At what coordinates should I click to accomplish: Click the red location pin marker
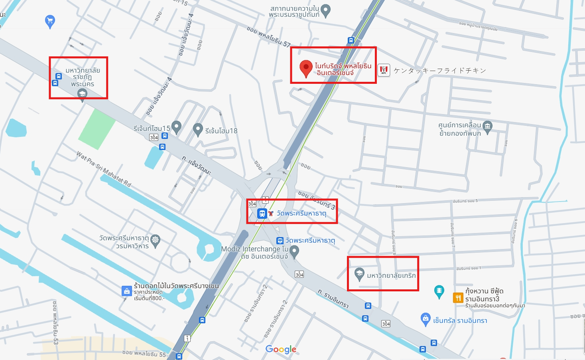tap(306, 68)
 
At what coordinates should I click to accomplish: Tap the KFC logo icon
tap(384, 70)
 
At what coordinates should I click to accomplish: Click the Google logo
tap(281, 349)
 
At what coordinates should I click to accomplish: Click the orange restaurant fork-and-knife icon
tap(458, 298)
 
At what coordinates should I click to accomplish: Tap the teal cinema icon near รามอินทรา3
tap(439, 291)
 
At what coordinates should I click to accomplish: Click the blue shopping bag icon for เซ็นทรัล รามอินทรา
tap(425, 319)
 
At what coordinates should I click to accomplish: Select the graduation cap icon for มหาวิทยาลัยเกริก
tap(359, 274)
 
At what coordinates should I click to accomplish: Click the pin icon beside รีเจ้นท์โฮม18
tap(198, 129)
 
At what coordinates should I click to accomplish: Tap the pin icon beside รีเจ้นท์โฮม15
tap(176, 127)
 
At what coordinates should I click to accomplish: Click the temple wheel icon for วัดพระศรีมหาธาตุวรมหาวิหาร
tap(155, 240)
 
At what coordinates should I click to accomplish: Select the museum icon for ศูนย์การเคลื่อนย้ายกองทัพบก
tap(487, 127)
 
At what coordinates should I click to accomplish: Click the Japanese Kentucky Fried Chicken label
tap(440, 71)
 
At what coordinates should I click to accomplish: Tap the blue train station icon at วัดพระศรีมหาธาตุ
tap(262, 214)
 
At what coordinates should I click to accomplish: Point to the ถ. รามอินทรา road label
tap(333, 299)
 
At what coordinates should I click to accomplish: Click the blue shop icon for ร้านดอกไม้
tap(126, 291)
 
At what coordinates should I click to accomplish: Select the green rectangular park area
tap(97, 129)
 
